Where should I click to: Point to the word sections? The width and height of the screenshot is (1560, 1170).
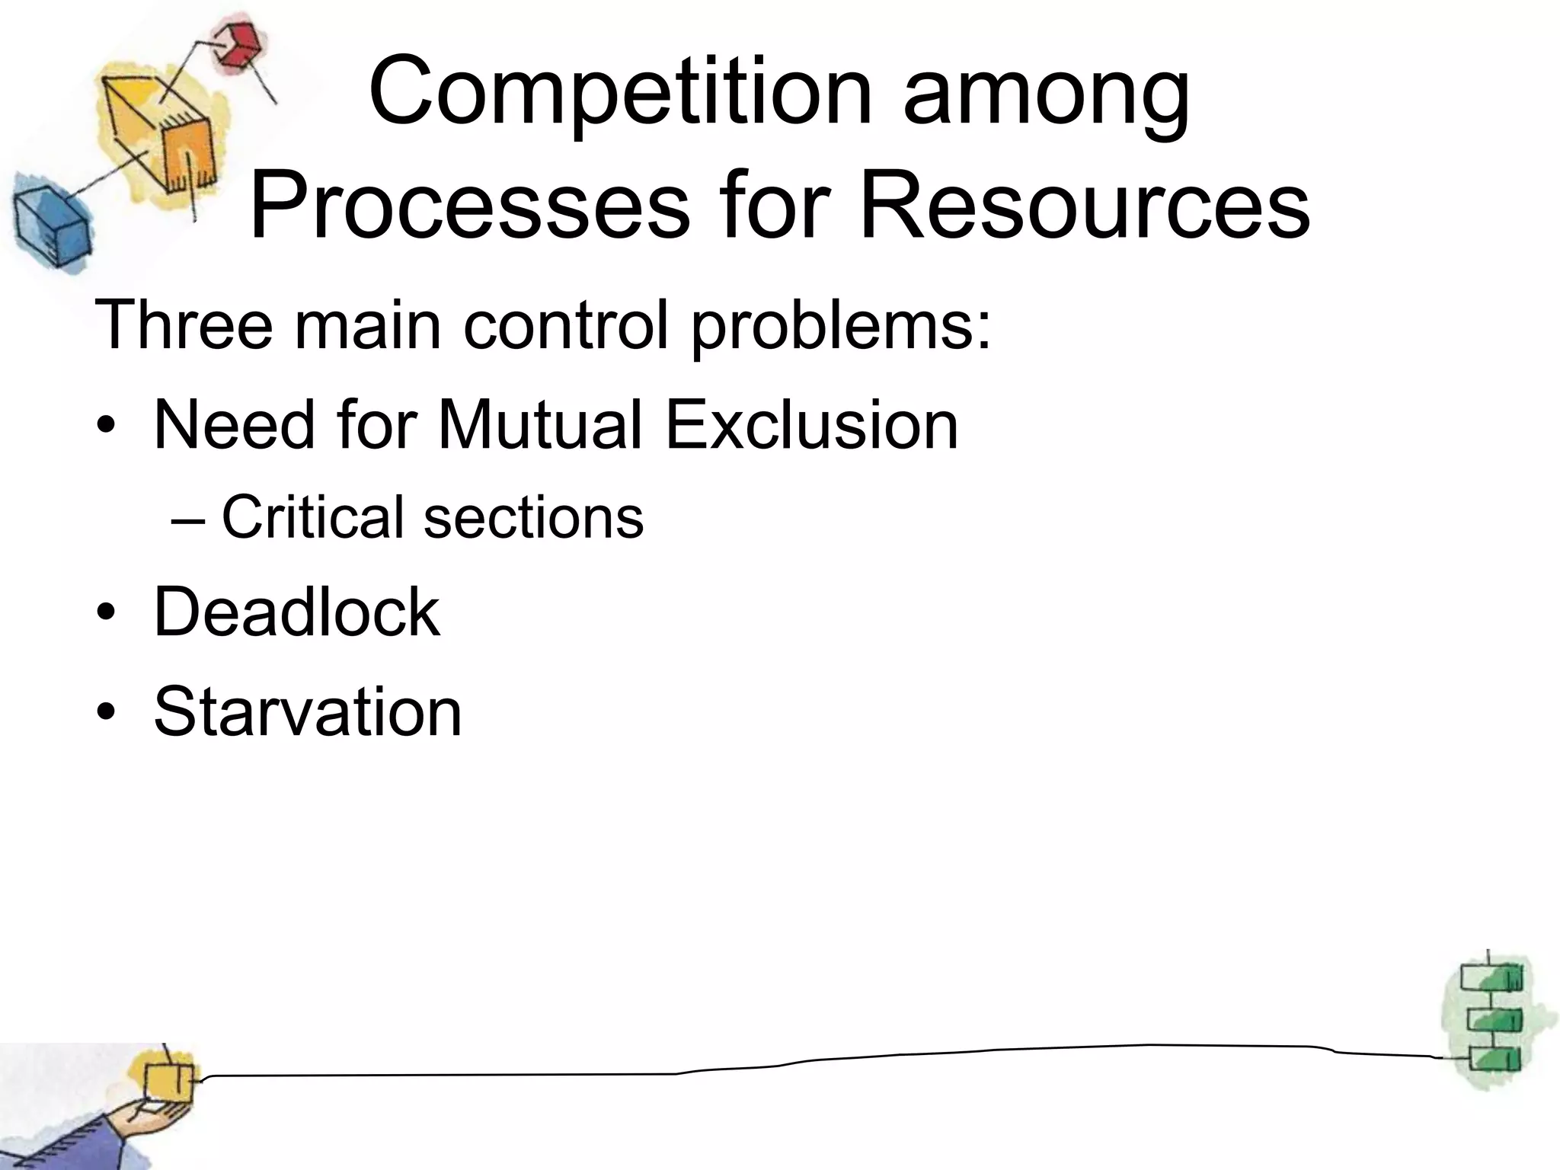click(533, 518)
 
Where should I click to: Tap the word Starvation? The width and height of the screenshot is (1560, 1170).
click(308, 711)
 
